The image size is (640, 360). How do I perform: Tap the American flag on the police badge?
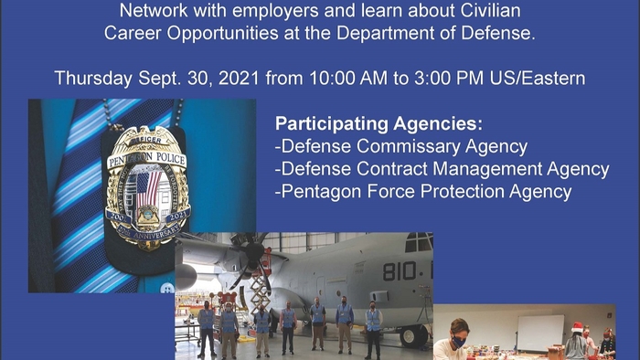pyautogui.click(x=146, y=189)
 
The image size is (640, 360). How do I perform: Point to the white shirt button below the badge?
pyautogui.click(x=167, y=288)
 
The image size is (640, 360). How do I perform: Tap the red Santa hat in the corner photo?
pyautogui.click(x=577, y=327)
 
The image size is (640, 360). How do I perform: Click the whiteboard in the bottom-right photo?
pyautogui.click(x=540, y=333)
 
